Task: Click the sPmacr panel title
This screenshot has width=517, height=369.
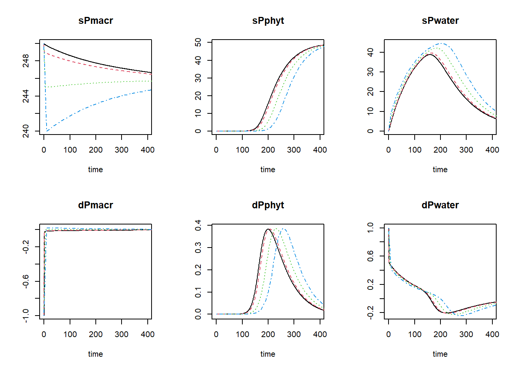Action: click(95, 21)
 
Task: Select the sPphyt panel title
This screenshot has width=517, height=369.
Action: click(268, 21)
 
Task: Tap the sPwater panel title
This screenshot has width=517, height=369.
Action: click(440, 21)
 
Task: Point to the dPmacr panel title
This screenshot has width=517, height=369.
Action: click(95, 205)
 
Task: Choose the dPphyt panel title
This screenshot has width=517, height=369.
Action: click(268, 205)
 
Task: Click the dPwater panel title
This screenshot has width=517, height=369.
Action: click(440, 205)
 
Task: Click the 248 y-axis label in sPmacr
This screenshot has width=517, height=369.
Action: click(25, 61)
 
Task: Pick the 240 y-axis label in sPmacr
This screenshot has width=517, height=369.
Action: click(25, 131)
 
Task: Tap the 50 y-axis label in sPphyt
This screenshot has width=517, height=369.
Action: click(198, 42)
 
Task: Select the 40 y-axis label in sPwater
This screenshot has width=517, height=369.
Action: click(370, 52)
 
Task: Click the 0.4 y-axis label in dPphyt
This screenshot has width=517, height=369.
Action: click(198, 225)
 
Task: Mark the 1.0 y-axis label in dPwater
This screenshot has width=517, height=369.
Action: click(370, 228)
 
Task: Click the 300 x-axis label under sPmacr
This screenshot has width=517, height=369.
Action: click(122, 150)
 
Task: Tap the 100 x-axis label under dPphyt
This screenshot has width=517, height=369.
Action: click(242, 334)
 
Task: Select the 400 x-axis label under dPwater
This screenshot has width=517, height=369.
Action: click(492, 334)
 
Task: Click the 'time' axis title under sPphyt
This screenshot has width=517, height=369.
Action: click(268, 170)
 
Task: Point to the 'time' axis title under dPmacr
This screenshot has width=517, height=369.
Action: click(95, 354)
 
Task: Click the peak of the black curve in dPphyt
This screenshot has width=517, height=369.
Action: click(268, 229)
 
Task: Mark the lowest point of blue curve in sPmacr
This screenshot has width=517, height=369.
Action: click(47, 131)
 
